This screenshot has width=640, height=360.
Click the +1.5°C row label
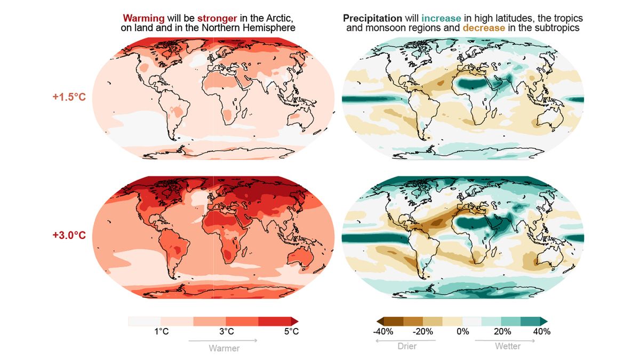point(69,97)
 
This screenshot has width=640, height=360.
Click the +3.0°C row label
point(69,235)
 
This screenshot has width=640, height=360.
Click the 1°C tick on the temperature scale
point(162,332)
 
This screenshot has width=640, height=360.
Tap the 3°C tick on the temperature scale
point(226,332)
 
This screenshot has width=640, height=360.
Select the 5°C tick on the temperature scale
point(291,332)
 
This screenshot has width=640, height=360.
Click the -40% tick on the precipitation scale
point(383,332)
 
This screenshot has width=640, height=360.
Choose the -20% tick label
point(423,332)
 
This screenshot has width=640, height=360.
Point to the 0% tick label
point(462,332)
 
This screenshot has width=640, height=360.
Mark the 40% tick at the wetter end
point(541,332)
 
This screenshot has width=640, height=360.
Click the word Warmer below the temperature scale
point(223,348)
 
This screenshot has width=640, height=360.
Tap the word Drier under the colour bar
point(407,347)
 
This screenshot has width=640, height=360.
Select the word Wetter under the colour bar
point(507,347)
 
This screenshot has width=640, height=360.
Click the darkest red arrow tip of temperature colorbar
point(295,321)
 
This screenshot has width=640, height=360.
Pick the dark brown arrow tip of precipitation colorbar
point(380,321)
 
